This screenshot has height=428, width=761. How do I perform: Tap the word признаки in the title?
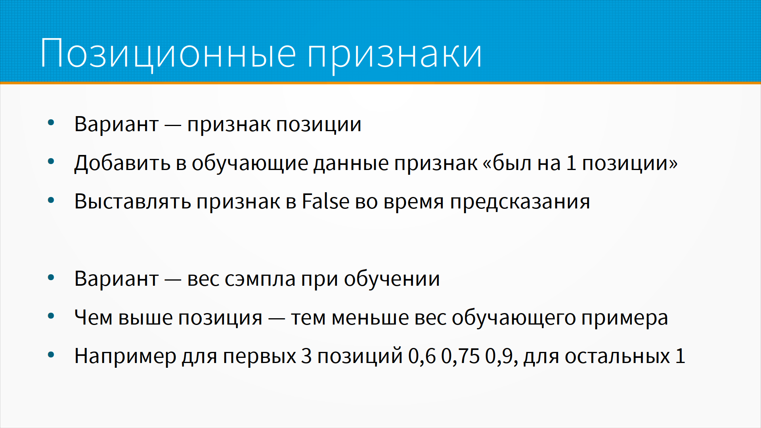point(395,55)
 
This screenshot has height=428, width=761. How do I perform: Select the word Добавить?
point(122,163)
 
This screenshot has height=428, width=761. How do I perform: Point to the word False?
point(325,201)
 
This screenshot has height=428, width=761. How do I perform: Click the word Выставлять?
point(133,201)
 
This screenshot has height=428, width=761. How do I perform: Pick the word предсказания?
point(520,202)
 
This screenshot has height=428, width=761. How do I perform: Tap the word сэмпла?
point(260,279)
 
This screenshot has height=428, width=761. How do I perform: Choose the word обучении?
point(392,279)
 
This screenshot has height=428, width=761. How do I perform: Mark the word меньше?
point(370,317)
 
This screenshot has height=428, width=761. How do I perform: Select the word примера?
point(624,319)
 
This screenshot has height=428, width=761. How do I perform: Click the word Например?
point(125,356)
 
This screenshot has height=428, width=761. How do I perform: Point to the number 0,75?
point(460,356)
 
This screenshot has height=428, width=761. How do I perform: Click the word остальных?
point(618,356)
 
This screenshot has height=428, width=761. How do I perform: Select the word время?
point(414,202)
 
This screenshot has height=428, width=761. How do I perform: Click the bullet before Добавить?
point(51,161)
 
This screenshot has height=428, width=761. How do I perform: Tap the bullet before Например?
point(51,355)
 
